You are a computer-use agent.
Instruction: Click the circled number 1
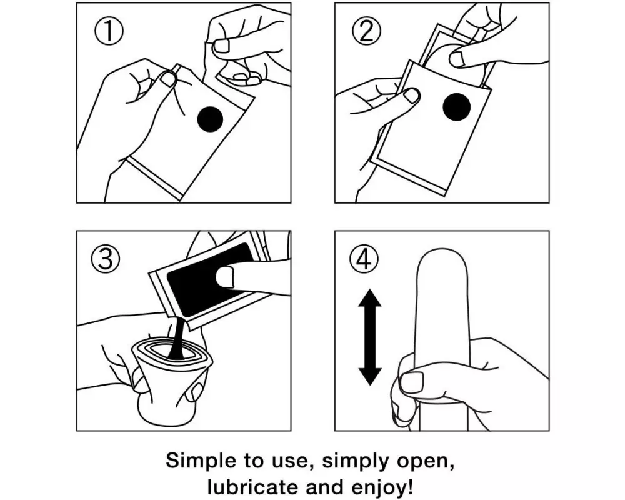pos(109,31)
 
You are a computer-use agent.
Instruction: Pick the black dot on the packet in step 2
pos(457,107)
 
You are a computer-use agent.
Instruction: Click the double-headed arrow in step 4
pos(370,337)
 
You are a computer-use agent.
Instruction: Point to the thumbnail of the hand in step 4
pos(411,382)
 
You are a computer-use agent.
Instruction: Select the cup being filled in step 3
pos(171,379)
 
